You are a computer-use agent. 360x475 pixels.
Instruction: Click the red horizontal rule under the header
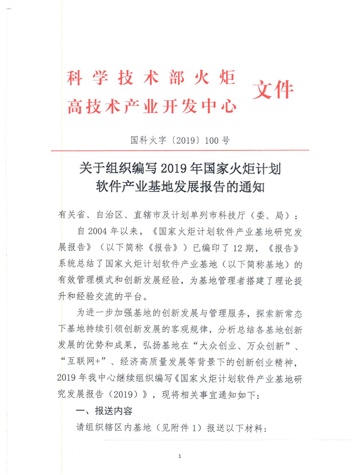[x=180, y=150]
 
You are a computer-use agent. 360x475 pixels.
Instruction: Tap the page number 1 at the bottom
[x=180, y=457]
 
